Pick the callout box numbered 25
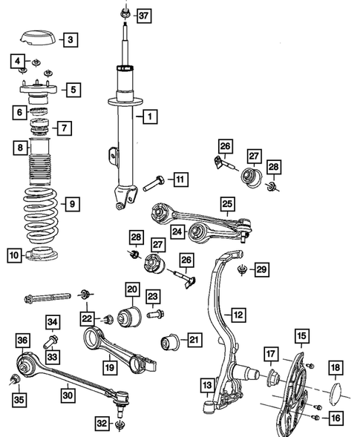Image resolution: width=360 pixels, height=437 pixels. click(227, 202)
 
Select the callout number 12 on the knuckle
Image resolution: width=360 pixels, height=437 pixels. click(238, 315)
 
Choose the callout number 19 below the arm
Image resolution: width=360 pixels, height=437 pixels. click(108, 365)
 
